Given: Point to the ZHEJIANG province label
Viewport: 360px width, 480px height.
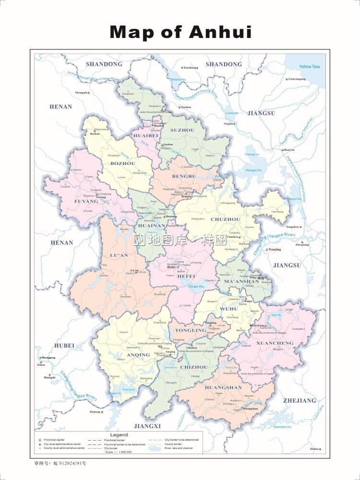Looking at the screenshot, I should pyautogui.click(x=300, y=400).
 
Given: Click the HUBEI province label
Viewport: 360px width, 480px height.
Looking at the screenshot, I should pyautogui.click(x=64, y=346).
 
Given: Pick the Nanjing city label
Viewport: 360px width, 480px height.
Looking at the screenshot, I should pyautogui.click(x=275, y=250).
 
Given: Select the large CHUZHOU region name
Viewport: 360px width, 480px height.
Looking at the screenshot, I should pyautogui.click(x=225, y=219).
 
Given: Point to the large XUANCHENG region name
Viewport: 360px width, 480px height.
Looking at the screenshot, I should pyautogui.click(x=275, y=344).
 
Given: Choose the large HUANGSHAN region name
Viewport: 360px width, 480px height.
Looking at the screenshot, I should pyautogui.click(x=223, y=387).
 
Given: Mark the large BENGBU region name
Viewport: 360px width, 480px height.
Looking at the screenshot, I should pyautogui.click(x=184, y=177).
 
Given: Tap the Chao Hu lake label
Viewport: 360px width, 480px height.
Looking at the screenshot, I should pyautogui.click(x=195, y=287).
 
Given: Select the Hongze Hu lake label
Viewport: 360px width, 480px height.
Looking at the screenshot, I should pyautogui.click(x=253, y=170).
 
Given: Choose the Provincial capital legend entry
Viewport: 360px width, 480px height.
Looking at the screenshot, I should pyautogui.click(x=55, y=440).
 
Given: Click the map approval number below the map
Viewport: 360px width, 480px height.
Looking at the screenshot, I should pyautogui.click(x=60, y=464).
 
